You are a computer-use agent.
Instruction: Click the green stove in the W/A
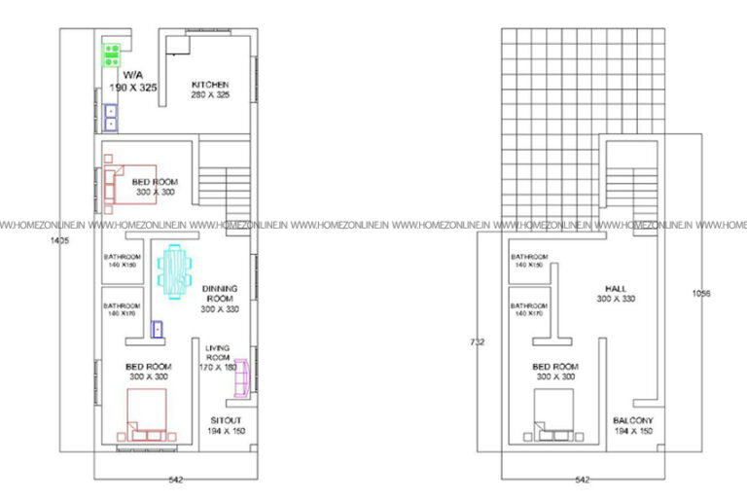tap(110, 54)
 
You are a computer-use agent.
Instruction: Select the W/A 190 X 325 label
tap(132, 81)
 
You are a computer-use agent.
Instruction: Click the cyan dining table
tap(175, 269)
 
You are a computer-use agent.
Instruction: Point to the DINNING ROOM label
tap(220, 299)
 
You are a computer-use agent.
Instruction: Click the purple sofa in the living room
tap(239, 378)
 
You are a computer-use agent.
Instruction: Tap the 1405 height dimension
tap(59, 240)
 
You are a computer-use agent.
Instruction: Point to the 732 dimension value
tap(477, 341)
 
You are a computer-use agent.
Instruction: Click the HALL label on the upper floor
tap(614, 294)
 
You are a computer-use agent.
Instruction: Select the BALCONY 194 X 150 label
tap(633, 425)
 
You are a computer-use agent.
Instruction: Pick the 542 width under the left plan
tap(175, 480)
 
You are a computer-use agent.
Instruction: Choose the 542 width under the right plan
tap(583, 480)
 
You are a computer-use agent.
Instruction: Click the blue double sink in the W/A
tap(111, 118)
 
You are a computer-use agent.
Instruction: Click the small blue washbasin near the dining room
tap(159, 329)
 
